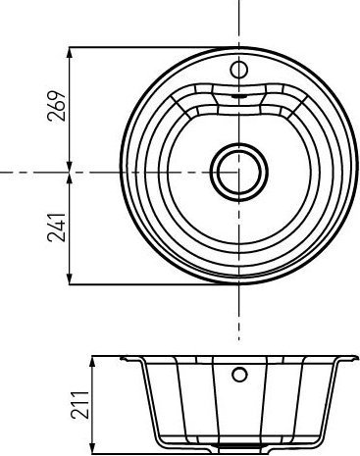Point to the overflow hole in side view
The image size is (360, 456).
pos(238,375)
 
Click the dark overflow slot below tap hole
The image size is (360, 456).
pos(238,98)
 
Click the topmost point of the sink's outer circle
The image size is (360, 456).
pos(238,47)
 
